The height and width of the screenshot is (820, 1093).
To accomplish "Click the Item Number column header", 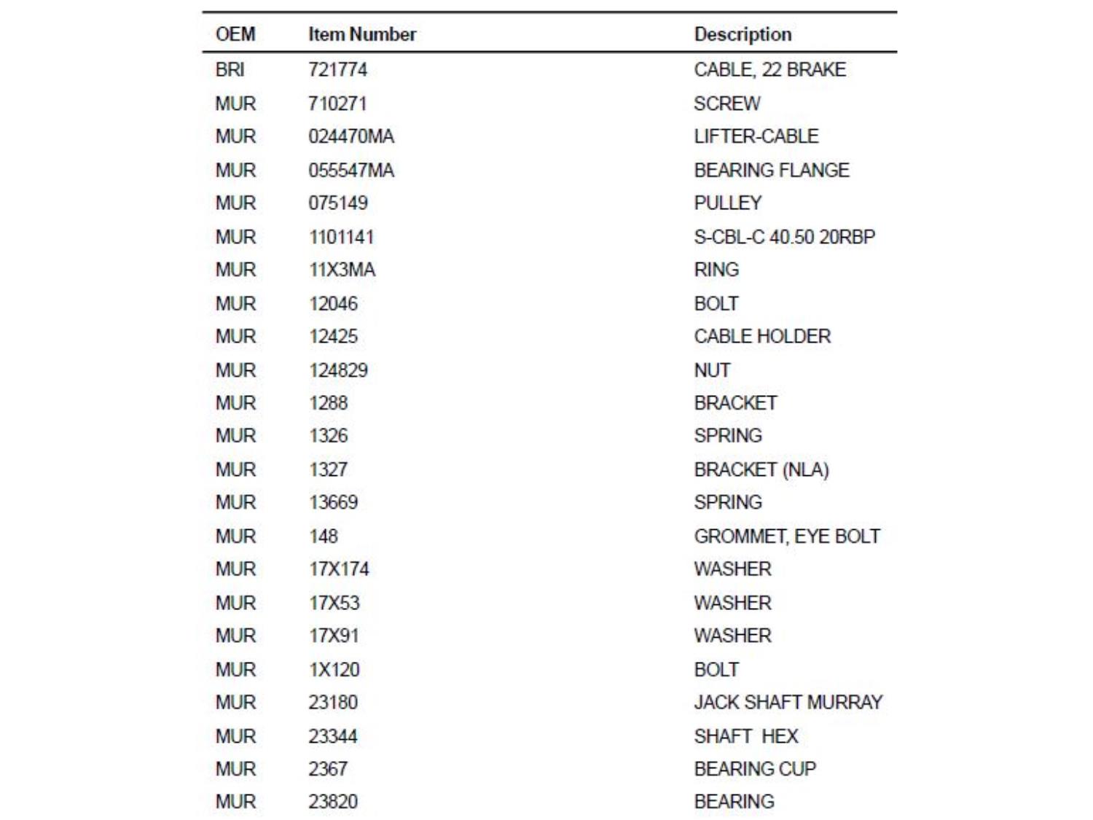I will (x=362, y=34).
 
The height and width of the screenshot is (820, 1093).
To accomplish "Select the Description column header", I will (x=743, y=34).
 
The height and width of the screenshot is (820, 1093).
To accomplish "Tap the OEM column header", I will (x=235, y=34).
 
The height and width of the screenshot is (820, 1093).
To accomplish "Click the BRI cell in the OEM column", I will (x=230, y=70).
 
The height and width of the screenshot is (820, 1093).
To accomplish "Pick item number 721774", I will (x=337, y=70).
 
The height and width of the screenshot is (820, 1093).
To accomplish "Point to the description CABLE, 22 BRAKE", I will (x=769, y=70).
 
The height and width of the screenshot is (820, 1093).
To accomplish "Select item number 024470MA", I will (x=351, y=136).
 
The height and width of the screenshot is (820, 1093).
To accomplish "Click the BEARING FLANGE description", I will (x=772, y=171).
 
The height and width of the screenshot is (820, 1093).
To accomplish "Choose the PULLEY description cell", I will (x=728, y=203).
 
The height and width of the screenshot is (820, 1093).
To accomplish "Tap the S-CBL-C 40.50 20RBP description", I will (x=784, y=237).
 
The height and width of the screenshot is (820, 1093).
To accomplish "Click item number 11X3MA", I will (x=342, y=270).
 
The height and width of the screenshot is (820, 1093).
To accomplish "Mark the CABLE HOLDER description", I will (x=762, y=337).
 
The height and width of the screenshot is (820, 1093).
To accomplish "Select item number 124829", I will (x=338, y=370).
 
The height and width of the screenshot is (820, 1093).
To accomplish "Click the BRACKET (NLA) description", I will (x=761, y=469).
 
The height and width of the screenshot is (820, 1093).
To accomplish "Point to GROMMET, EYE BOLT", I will (x=787, y=536).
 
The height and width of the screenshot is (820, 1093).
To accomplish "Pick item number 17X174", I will (x=339, y=569).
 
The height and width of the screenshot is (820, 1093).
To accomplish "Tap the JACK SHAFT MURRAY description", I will (x=788, y=703).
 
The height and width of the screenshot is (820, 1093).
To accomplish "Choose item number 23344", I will (x=333, y=736).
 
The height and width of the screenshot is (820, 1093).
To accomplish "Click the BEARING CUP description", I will (x=755, y=769).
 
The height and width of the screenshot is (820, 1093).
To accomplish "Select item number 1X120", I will (x=334, y=670).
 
